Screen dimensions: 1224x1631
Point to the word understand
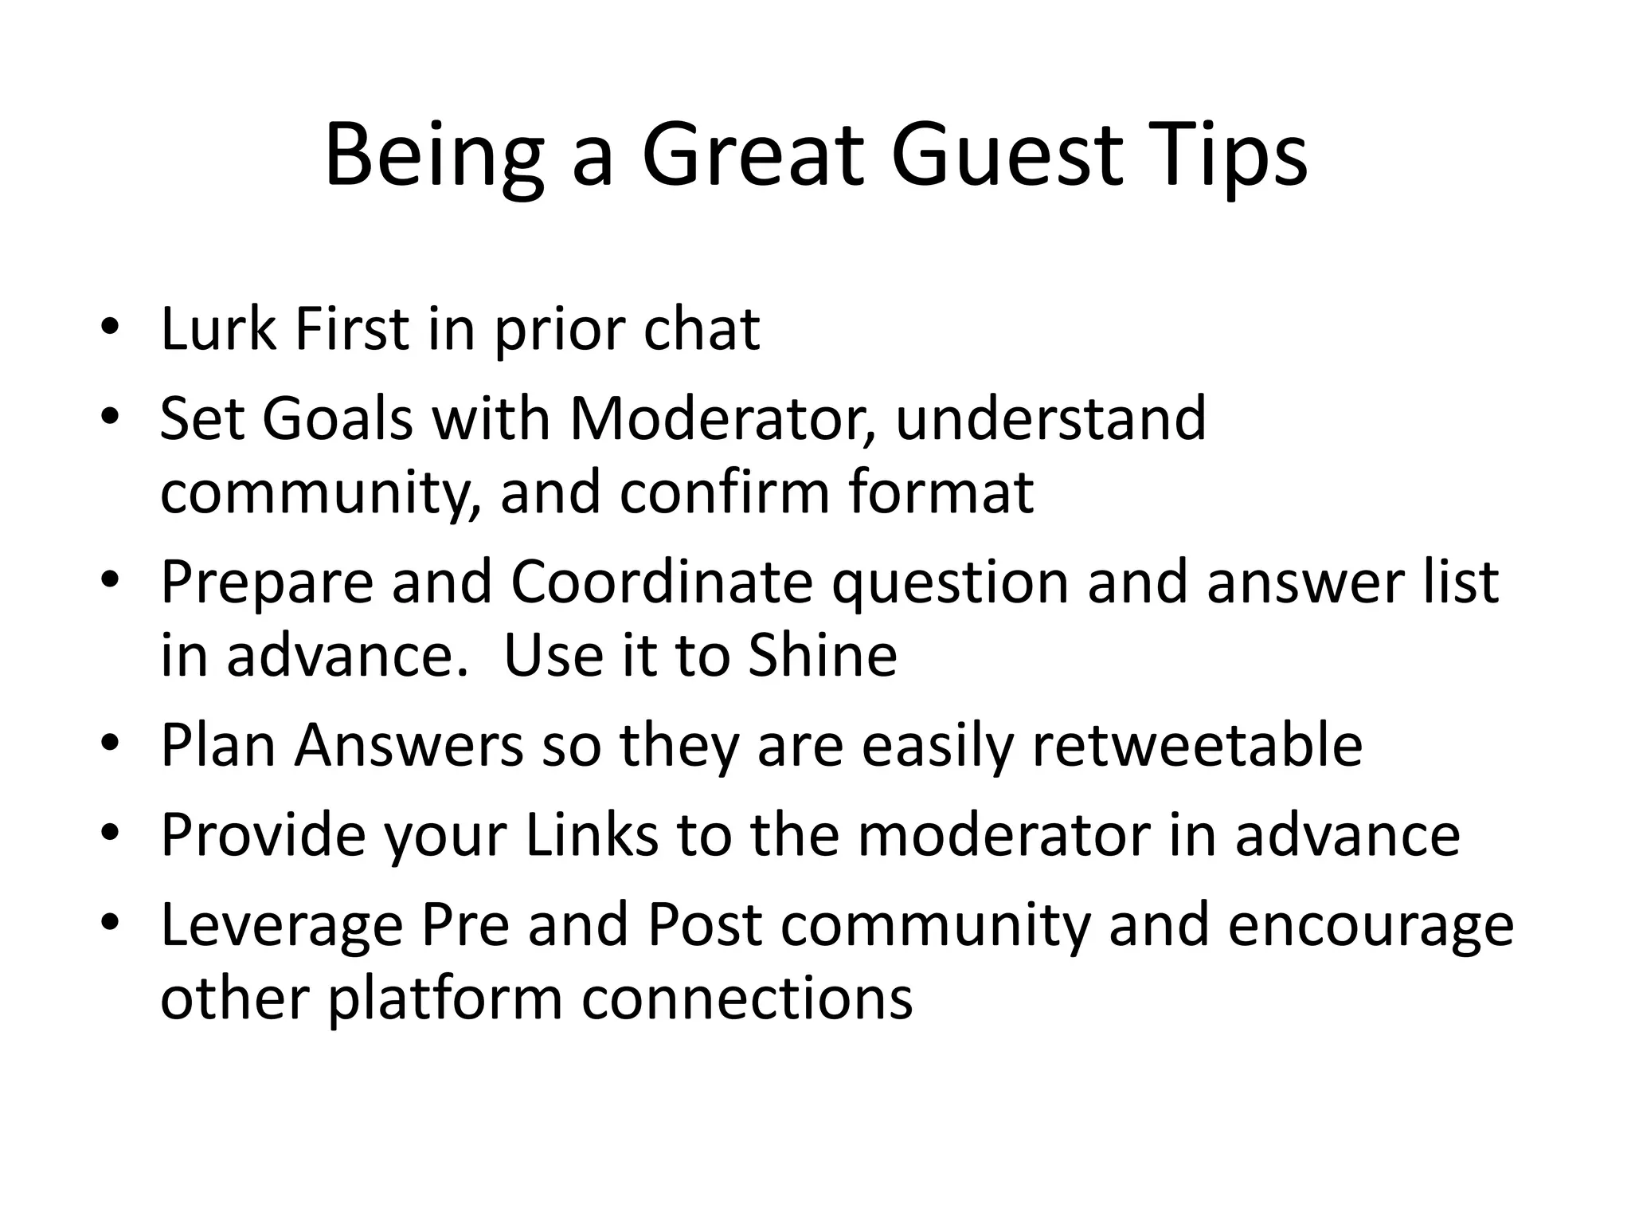point(1050,418)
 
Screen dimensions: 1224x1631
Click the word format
point(941,492)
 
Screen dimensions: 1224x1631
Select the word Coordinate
point(661,582)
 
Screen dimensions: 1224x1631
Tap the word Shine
point(823,655)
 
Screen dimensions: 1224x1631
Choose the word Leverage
point(281,925)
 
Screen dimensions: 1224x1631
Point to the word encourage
point(1370,925)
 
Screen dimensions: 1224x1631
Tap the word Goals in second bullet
point(338,418)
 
